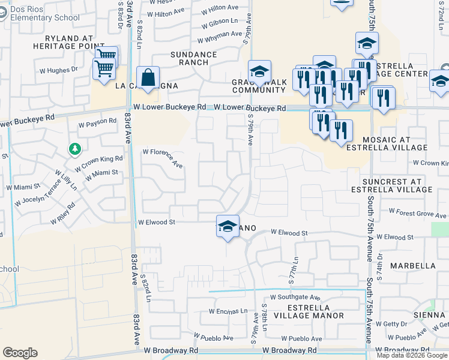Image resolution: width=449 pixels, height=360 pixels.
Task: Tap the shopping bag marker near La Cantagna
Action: pos(148,77)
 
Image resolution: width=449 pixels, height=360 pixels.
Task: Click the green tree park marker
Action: pos(74,148)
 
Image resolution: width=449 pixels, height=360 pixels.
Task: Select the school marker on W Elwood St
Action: pos(228,226)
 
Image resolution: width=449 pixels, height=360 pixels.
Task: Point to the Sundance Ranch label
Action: pos(193,58)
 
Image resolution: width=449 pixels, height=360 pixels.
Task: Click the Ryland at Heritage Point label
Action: pos(65,42)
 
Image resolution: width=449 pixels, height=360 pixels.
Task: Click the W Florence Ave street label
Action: pos(163,157)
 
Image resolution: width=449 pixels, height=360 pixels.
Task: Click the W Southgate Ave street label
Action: pos(295,296)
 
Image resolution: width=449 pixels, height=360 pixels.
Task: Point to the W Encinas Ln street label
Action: pos(228,311)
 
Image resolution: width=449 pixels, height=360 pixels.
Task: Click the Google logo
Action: pos(20,353)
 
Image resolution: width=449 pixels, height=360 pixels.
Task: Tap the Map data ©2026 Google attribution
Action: pos(412,355)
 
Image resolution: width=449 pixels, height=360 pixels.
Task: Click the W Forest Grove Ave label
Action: pos(418,211)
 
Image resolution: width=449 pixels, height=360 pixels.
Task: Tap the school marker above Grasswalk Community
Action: pos(259,72)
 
